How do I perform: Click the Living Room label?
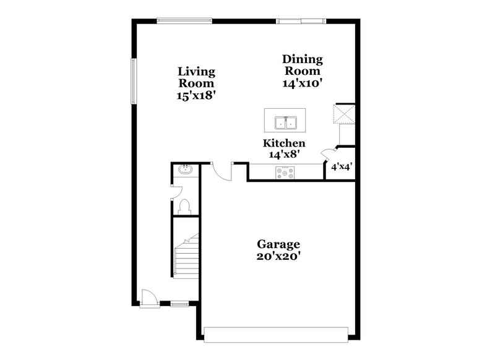click(196, 77)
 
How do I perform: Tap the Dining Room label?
click(303, 65)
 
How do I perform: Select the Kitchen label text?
click(284, 143)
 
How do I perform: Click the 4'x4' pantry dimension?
click(342, 166)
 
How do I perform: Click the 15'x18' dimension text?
click(196, 95)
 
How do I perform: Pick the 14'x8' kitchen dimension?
click(284, 155)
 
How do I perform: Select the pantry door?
click(326, 155)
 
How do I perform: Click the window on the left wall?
click(132, 80)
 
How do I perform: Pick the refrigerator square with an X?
click(343, 114)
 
